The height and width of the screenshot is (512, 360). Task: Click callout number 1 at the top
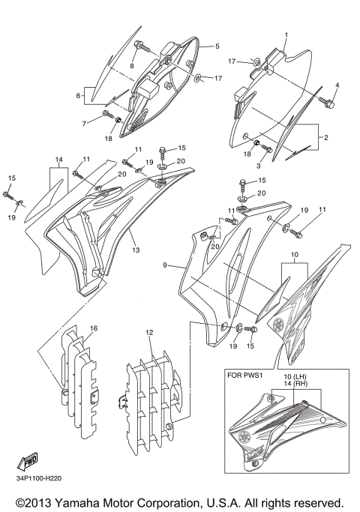tap(286, 35)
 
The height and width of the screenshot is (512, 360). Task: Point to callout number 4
tap(337, 85)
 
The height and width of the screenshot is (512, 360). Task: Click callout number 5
tap(216, 46)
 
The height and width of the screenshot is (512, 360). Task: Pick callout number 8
tap(132, 66)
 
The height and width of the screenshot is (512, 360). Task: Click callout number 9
tap(164, 265)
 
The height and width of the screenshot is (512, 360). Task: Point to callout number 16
tap(94, 328)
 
